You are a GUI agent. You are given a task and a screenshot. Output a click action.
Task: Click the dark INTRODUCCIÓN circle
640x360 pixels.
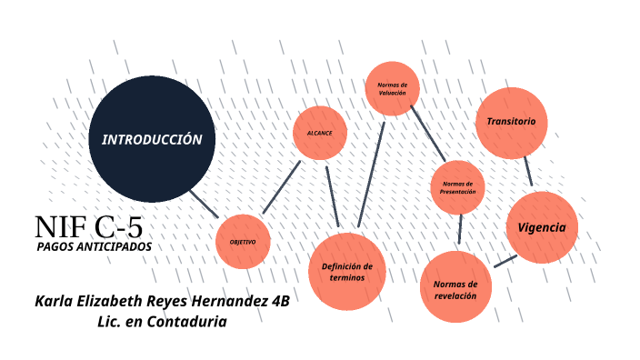152,140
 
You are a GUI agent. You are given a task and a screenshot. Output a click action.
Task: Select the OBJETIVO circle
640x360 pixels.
243,242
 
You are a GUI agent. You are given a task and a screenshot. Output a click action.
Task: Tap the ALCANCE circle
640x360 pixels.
319,134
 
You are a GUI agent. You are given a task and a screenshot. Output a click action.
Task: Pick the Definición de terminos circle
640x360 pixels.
347,271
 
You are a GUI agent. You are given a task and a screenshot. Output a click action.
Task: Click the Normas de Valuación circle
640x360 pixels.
392,88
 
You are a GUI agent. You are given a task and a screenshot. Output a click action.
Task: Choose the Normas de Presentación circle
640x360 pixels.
457,186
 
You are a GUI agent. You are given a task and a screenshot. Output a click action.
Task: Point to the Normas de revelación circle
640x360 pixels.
455,287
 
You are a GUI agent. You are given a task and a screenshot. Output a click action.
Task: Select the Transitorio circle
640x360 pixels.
511,122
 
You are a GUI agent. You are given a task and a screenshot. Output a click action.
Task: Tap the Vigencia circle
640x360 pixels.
542,227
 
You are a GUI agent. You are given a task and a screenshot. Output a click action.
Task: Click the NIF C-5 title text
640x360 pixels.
88,227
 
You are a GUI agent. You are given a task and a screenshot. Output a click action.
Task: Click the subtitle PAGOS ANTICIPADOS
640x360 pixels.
95,246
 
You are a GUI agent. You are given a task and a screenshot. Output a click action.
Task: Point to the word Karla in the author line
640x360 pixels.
56,301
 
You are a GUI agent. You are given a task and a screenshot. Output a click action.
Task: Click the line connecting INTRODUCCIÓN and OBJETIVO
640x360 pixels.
204,204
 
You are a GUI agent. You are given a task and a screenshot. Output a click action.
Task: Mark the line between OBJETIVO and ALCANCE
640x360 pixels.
281,188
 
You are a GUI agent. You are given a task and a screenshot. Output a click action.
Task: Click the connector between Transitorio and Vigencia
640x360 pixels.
527,172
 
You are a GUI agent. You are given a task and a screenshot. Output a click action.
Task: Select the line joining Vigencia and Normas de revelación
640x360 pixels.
505,261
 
